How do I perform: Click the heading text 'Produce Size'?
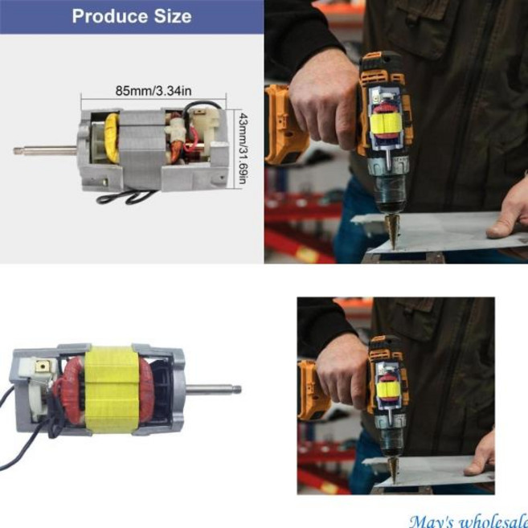click(132, 16)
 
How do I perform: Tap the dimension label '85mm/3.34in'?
click(153, 91)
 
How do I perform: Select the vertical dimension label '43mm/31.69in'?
click(244, 149)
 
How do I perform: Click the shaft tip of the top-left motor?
click(15, 151)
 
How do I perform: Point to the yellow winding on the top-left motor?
click(113, 137)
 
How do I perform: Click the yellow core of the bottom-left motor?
click(111, 389)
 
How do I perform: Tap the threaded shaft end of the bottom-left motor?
click(237, 390)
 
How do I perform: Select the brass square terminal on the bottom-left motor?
click(43, 366)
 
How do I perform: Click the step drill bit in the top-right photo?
click(393, 231)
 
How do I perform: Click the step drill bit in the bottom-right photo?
click(392, 470)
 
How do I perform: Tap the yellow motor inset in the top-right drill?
click(386, 125)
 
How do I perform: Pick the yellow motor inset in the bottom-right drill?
click(388, 389)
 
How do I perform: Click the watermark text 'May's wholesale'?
click(469, 522)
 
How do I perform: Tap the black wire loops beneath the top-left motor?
click(126, 197)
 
